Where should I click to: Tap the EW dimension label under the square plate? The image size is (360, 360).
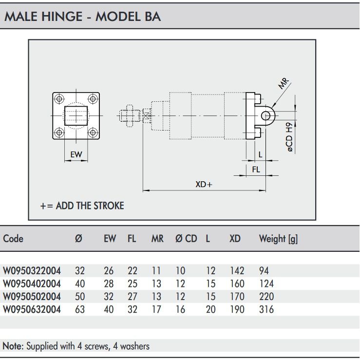point(76,155)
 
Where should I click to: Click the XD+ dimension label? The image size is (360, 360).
point(204,184)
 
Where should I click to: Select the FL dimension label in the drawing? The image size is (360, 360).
point(256,169)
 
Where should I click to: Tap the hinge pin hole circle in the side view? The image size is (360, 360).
point(266,115)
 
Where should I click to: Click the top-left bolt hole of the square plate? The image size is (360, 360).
point(59,99)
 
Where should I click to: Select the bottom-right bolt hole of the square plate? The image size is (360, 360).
point(93,132)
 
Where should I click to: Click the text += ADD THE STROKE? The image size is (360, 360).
point(82,206)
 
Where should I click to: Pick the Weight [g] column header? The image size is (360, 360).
point(278,239)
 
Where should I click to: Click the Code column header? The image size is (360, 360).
point(13,239)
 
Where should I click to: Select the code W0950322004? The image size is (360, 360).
point(32,271)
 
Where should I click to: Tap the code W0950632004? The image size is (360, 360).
point(32,309)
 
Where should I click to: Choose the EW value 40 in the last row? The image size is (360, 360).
point(109,309)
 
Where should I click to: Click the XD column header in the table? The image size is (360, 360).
point(235,239)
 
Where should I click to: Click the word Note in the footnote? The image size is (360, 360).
point(12,346)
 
